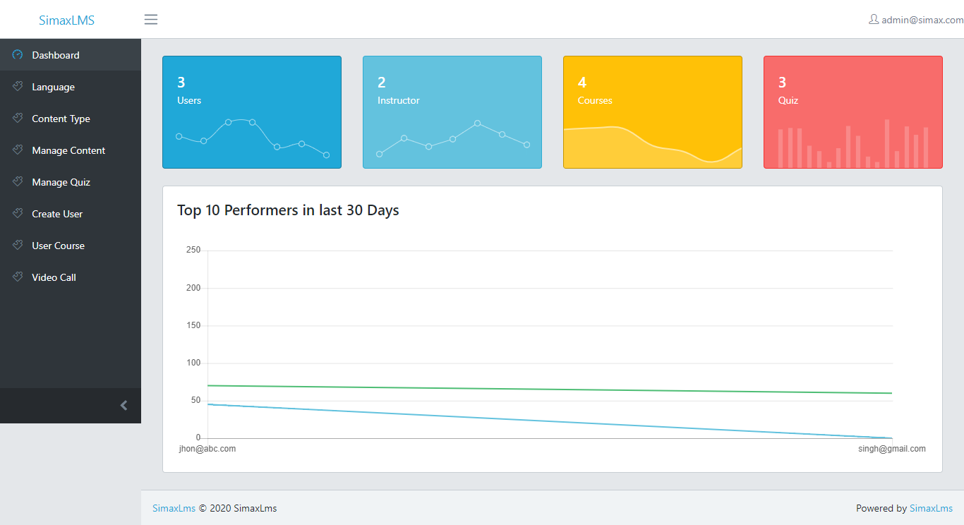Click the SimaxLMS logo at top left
pyautogui.click(x=66, y=20)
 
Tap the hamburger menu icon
pyautogui.click(x=151, y=19)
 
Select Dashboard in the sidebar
pyautogui.click(x=55, y=55)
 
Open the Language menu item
pyautogui.click(x=53, y=87)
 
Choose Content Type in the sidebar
pyautogui.click(x=61, y=119)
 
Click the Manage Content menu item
pyautogui.click(x=68, y=150)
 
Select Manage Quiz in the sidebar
pyautogui.click(x=61, y=182)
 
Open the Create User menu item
pyautogui.click(x=57, y=214)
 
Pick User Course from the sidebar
pyautogui.click(x=58, y=246)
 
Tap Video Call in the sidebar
pyautogui.click(x=54, y=277)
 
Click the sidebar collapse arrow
pyautogui.click(x=124, y=405)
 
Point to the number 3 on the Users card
pyautogui.click(x=181, y=83)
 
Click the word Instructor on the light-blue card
pyautogui.click(x=399, y=100)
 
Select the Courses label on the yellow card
pyautogui.click(x=595, y=100)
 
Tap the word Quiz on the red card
pyautogui.click(x=788, y=100)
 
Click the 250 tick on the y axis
pyautogui.click(x=193, y=250)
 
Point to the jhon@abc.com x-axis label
pyautogui.click(x=207, y=449)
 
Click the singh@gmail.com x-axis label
pyautogui.click(x=892, y=449)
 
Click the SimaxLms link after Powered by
pyautogui.click(x=931, y=508)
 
